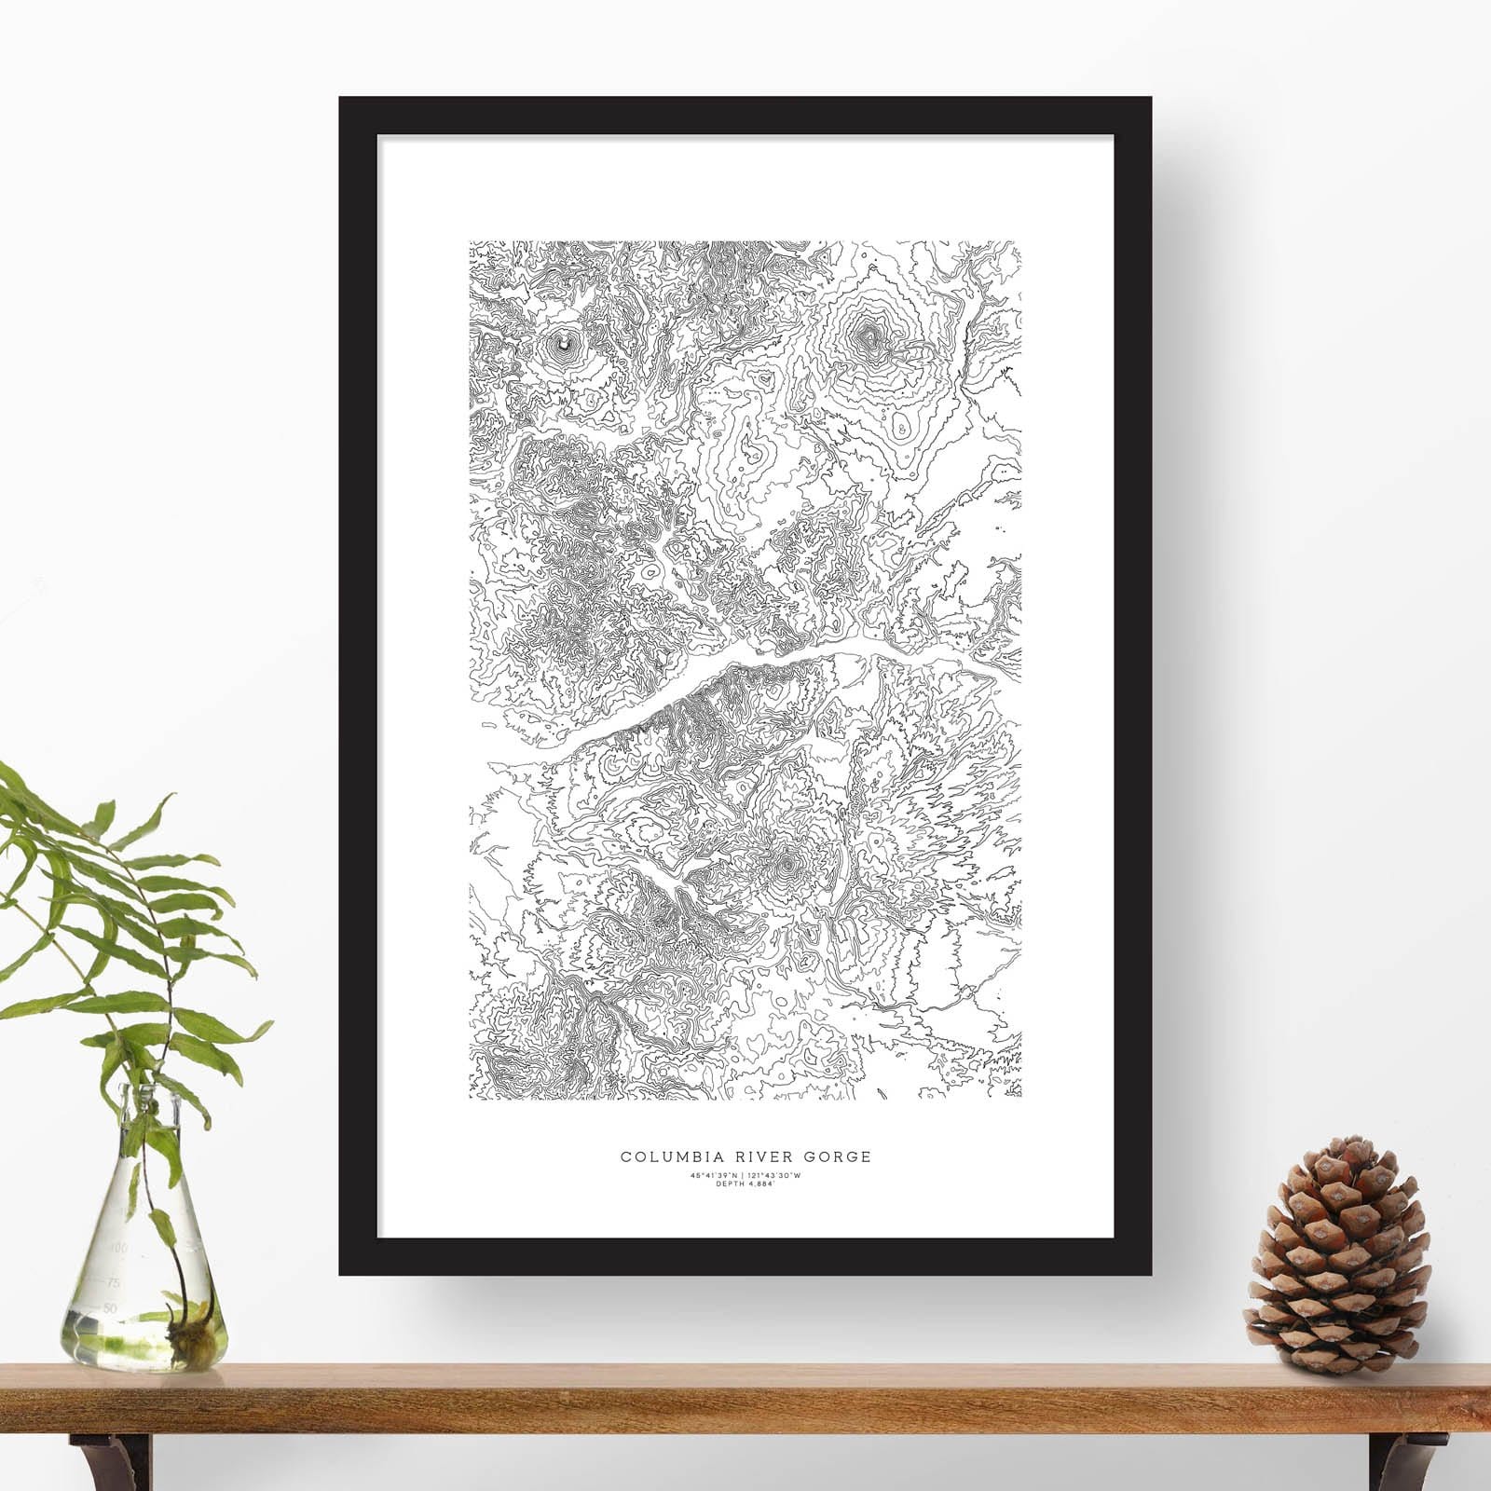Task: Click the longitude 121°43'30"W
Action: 775,1176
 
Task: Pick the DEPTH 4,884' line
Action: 745,1184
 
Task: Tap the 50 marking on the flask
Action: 111,1308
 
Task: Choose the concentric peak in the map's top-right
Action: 869,333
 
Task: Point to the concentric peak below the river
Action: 787,868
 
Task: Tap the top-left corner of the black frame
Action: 341,100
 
